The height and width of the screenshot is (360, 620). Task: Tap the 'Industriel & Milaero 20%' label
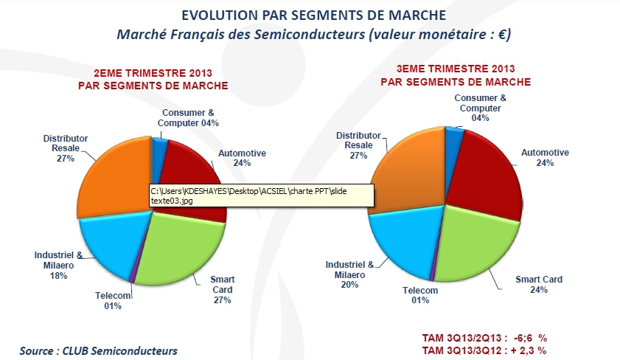click(350, 274)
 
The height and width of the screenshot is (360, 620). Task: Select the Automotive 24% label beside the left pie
click(242, 158)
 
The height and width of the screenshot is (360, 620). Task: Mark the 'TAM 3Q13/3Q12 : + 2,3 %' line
click(484, 349)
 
